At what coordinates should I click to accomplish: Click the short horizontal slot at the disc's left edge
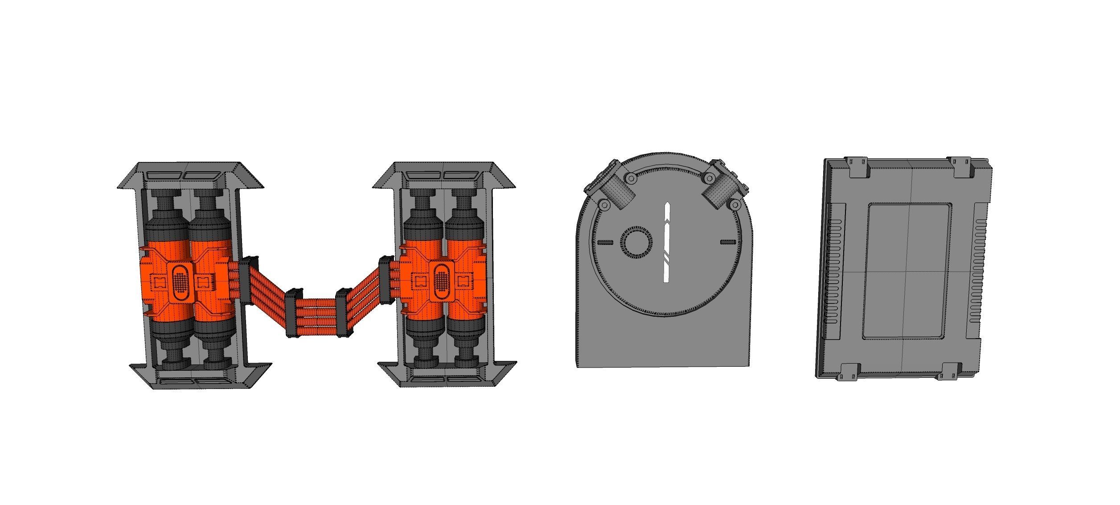click(x=605, y=242)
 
